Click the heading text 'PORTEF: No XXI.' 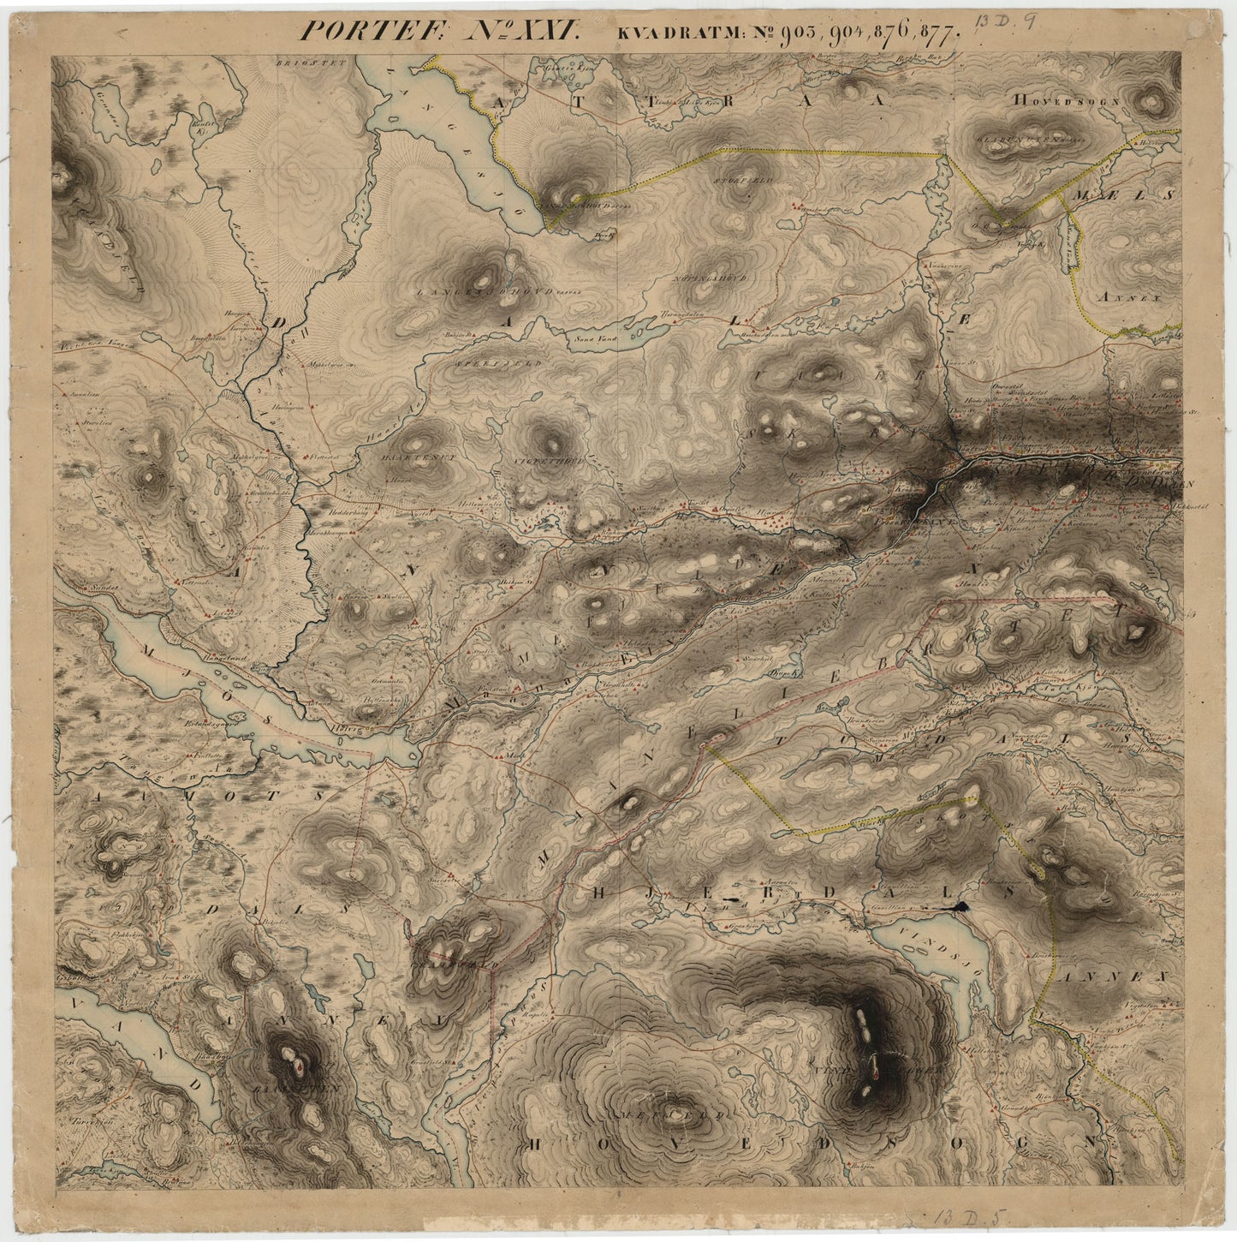click(x=440, y=31)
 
